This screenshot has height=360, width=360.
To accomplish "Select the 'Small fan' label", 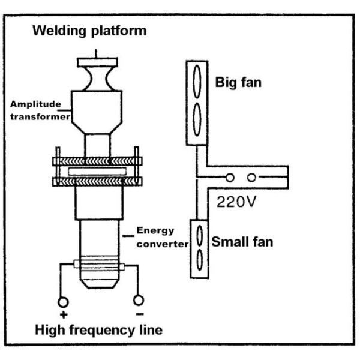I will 242,242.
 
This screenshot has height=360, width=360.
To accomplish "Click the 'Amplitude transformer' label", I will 38,109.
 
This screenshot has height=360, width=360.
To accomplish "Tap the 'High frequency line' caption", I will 98,329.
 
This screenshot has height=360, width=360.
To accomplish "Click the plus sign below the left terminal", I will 62,314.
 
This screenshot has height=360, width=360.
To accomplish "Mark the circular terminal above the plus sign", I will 62,301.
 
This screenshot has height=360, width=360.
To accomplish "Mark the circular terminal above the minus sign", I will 139,299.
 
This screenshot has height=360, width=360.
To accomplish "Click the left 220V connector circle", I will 230,178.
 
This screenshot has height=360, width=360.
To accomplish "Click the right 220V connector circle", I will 251,178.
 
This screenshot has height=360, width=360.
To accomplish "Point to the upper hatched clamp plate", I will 97,161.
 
